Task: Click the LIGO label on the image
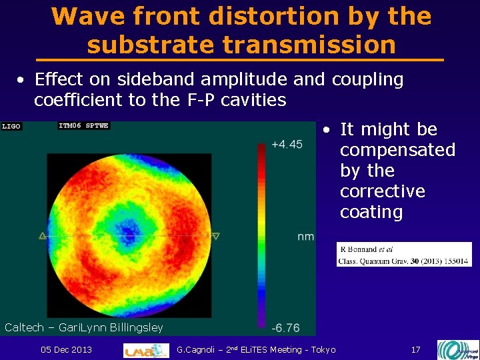(x=11, y=125)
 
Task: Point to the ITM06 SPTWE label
(x=83, y=125)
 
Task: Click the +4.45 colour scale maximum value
(x=287, y=144)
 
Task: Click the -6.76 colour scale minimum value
(x=285, y=328)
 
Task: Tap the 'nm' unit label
(x=305, y=237)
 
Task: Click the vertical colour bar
(x=261, y=233)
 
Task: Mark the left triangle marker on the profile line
(x=43, y=235)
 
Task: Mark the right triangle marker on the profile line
(x=215, y=235)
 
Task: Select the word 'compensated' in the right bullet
(x=397, y=150)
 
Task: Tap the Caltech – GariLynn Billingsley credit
(x=84, y=327)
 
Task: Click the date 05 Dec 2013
(x=66, y=350)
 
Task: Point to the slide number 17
(x=415, y=350)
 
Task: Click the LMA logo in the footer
(x=146, y=351)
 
